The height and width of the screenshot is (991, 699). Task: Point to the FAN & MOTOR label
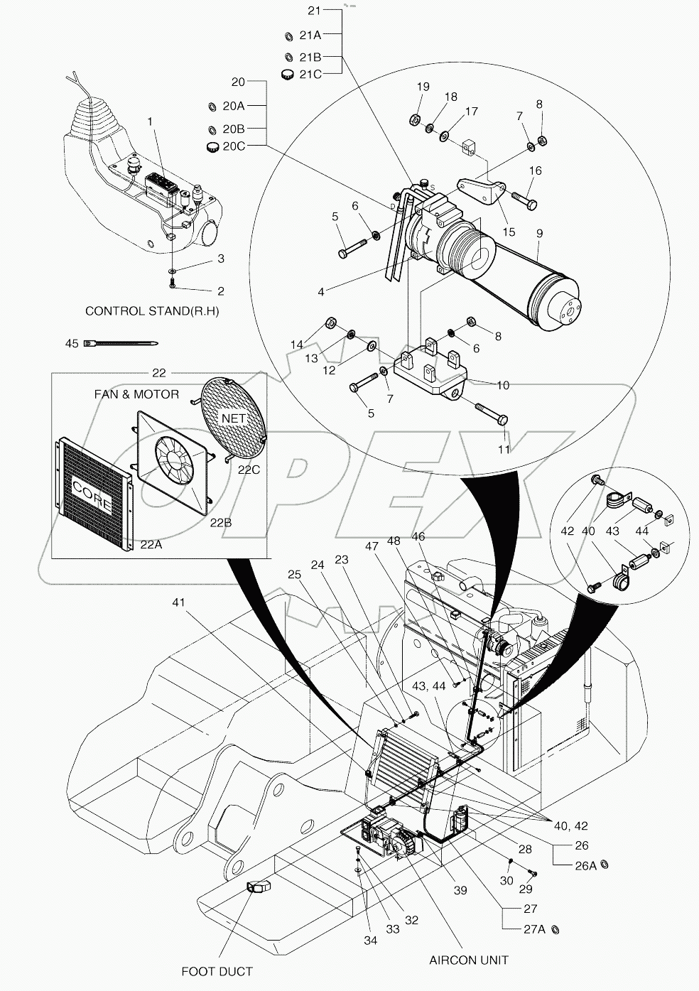136,394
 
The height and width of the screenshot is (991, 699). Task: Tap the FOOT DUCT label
217,971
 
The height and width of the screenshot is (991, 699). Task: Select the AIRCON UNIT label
468,960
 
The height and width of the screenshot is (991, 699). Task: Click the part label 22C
249,470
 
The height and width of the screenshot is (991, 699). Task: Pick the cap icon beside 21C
286,75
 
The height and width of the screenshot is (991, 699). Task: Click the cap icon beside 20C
211,147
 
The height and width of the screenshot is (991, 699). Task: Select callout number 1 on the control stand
150,121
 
